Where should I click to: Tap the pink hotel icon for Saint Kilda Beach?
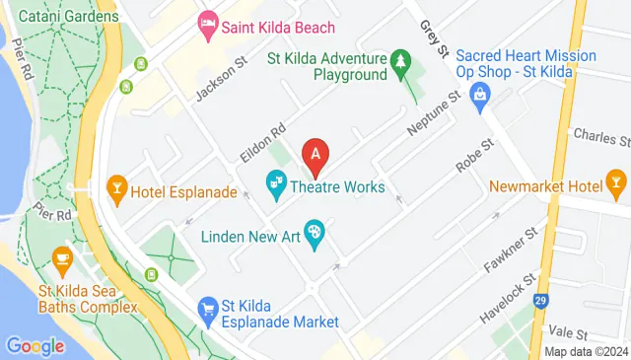pyautogui.click(x=207, y=22)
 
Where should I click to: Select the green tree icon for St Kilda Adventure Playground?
pyautogui.click(x=400, y=63)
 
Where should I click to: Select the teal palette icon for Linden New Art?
pyautogui.click(x=315, y=234)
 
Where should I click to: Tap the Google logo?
pyautogui.click(x=35, y=346)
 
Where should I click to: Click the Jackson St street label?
pyautogui.click(x=219, y=78)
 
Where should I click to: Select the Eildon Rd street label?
pyautogui.click(x=261, y=144)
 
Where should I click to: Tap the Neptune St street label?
pyautogui.click(x=436, y=115)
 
